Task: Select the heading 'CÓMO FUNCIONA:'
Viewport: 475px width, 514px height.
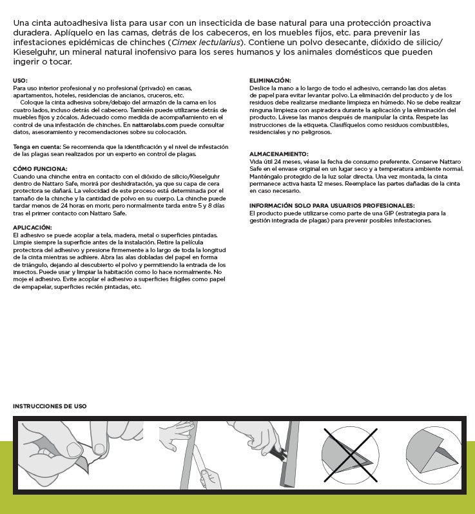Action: [x=37, y=168]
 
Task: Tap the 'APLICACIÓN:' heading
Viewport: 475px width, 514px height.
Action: [x=32, y=228]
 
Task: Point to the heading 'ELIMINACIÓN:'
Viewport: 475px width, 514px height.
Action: [x=269, y=80]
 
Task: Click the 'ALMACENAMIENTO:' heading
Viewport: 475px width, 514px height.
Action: [x=278, y=154]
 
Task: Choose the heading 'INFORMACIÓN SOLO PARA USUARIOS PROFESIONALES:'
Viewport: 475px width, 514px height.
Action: [x=331, y=204]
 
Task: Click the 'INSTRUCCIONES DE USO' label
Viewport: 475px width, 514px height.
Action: [x=50, y=406]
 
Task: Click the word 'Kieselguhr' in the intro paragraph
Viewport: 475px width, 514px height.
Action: [x=36, y=52]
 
